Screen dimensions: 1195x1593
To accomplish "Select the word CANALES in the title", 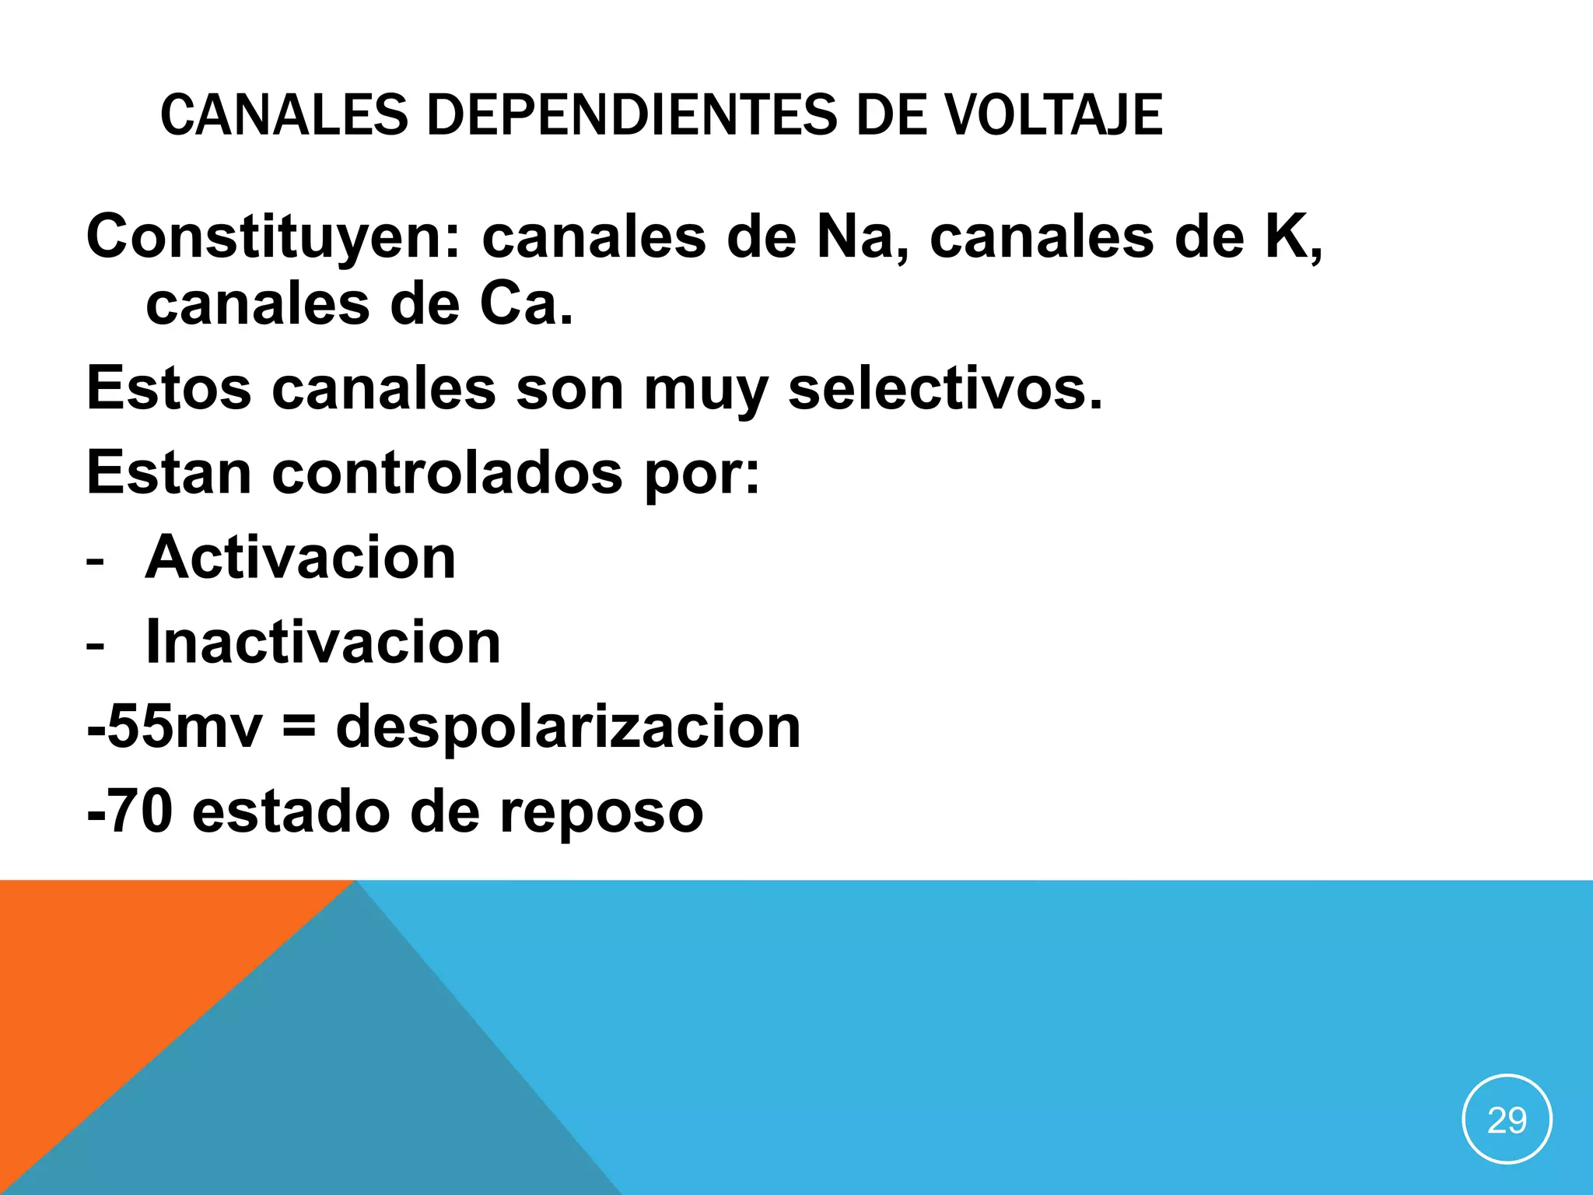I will pos(284,115).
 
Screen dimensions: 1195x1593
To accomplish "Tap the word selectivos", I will pos(944,388).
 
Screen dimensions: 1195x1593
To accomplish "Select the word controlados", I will pos(447,472).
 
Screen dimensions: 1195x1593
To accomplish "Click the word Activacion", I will pos(300,558).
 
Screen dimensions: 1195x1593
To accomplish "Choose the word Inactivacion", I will pos(323,643).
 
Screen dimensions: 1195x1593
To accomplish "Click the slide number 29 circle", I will pos(1507,1120).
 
